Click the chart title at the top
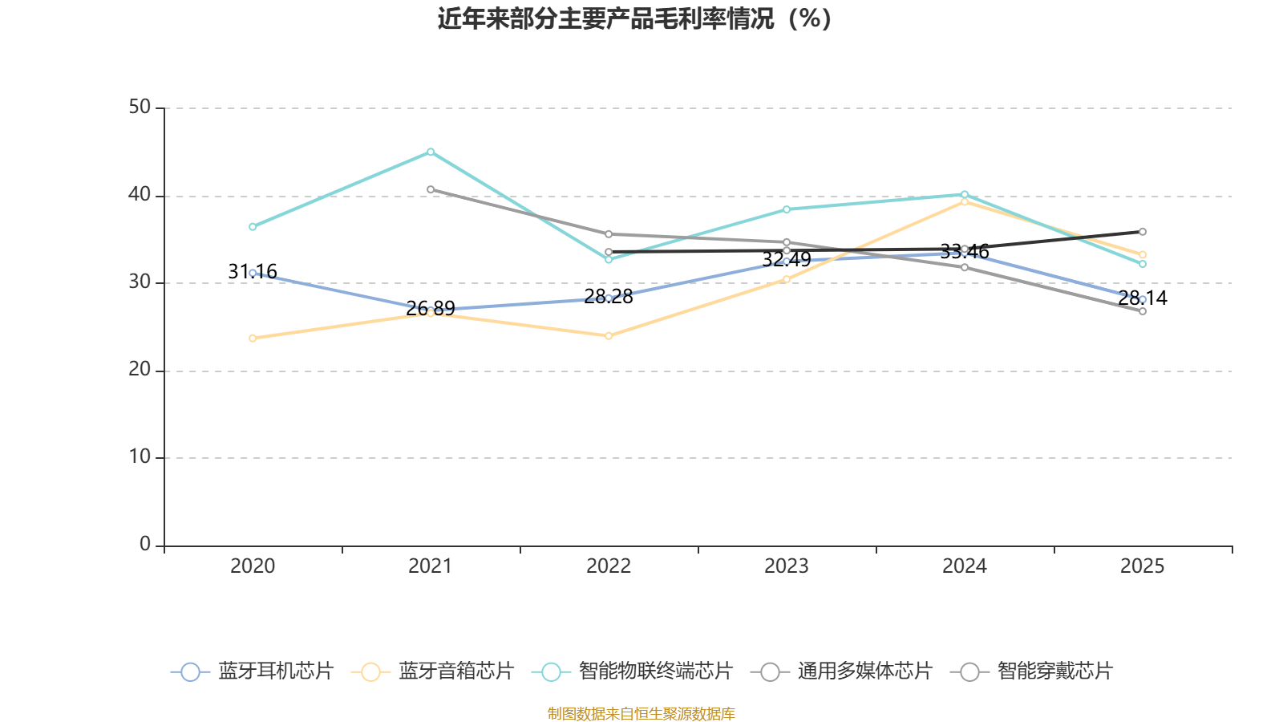coord(635,18)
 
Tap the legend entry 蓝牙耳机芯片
coord(252,671)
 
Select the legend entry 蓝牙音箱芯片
coord(432,671)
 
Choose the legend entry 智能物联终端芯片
coord(633,671)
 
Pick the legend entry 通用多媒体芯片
coord(841,671)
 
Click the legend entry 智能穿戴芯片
coord(1031,671)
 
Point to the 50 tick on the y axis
coord(140,107)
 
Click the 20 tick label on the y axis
coord(140,370)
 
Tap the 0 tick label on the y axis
coord(145,545)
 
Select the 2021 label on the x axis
coord(430,566)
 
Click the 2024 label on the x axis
coord(965,566)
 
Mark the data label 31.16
coord(253,271)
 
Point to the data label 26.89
coord(431,308)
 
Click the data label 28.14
coord(1143,298)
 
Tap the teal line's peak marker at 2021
coord(431,152)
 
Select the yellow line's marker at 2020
coord(253,338)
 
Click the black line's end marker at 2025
coord(1143,232)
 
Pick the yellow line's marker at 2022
coord(609,336)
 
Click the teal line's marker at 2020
coord(253,227)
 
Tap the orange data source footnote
coord(641,713)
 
